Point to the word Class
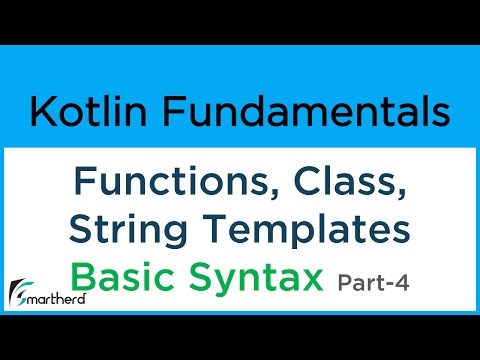coord(347,183)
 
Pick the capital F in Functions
coord(82,183)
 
